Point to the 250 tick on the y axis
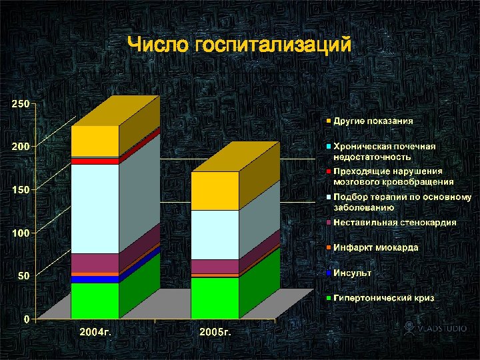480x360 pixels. [20, 104]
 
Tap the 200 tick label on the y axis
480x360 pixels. [20, 147]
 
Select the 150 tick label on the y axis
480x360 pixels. [20, 190]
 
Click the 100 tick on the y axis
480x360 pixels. [20, 233]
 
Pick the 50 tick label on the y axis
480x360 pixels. [23, 276]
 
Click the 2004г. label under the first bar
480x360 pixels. [95, 331]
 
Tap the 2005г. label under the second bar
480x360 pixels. [214, 331]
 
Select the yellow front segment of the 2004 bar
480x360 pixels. [95, 141]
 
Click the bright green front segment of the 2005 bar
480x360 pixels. [215, 297]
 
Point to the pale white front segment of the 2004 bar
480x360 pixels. [95, 209]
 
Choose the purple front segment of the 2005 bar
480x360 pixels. [215, 266]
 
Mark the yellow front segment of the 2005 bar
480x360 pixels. [215, 191]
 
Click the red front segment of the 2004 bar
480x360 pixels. [95, 161]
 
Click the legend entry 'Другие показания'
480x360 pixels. [373, 121]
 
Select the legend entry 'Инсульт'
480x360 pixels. [353, 273]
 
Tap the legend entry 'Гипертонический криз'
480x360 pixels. [383, 298]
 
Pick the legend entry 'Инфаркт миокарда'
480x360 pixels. [376, 247]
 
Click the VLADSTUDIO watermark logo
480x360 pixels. [433, 328]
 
